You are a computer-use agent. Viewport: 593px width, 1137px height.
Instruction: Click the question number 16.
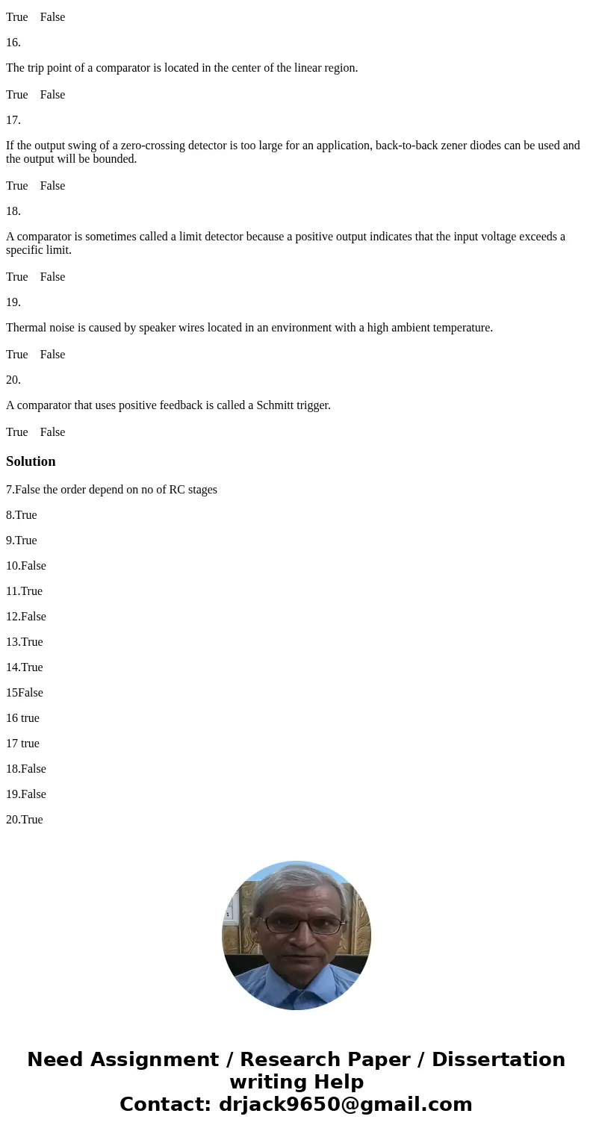pos(13,43)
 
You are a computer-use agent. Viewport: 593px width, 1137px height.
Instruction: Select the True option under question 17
pos(16,186)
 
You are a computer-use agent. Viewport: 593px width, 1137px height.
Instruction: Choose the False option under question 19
pos(52,355)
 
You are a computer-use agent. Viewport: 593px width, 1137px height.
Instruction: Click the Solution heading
pos(31,461)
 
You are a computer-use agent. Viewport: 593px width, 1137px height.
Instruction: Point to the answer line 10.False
pos(26,566)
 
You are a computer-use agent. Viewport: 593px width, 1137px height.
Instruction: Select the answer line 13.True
pos(25,642)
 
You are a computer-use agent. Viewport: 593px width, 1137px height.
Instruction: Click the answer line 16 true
pos(22,718)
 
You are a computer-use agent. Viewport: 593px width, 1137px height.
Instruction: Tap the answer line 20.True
pos(25,820)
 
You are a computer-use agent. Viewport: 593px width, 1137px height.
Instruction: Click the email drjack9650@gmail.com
pos(345,1104)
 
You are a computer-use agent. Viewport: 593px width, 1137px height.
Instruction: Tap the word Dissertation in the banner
pos(498,1059)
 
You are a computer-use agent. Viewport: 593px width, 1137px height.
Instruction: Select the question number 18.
pos(13,211)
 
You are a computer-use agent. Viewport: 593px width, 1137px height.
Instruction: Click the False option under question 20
pos(52,432)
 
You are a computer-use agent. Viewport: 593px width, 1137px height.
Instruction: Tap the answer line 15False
pos(25,693)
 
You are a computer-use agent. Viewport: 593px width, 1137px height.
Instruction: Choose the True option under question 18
pos(16,277)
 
